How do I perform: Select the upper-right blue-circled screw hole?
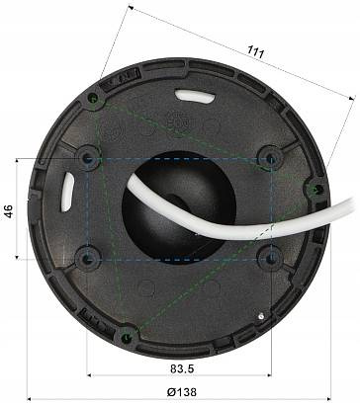[269, 156]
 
